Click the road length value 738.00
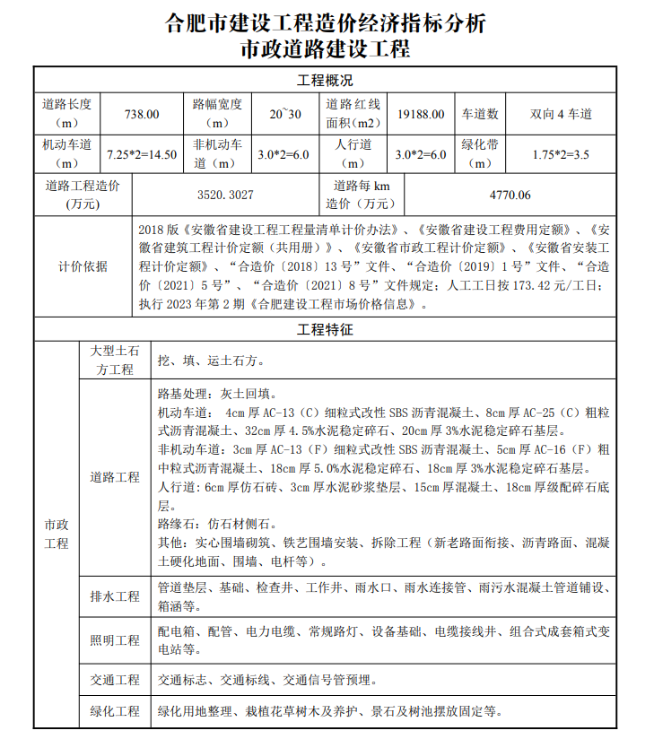point(142,114)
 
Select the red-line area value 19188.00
point(421,114)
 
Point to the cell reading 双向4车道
point(561,114)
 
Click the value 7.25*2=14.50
point(142,154)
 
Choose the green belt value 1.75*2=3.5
point(561,154)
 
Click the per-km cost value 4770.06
point(510,195)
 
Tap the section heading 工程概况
point(326,80)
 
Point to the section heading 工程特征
point(326,330)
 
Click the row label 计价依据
point(83,266)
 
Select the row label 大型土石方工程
point(115,361)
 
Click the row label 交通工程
point(115,680)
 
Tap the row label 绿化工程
point(115,711)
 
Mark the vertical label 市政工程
point(57,535)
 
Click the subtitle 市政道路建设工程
point(326,48)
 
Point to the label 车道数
point(480,114)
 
